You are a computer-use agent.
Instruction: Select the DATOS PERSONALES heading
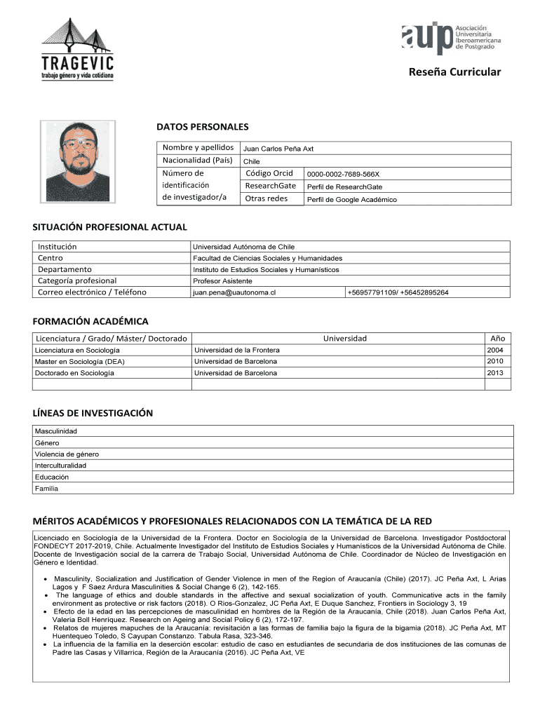202,127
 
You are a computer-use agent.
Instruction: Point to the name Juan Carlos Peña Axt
278,149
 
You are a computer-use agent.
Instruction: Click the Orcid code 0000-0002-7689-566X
343,174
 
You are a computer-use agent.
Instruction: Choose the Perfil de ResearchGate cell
344,187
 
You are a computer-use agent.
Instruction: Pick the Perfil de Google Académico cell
351,200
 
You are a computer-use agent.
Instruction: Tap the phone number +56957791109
372,292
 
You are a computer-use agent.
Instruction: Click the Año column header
498,338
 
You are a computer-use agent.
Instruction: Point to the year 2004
495,350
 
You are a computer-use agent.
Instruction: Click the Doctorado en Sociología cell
74,373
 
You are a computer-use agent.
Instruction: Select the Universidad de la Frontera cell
236,350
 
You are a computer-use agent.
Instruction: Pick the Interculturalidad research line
60,465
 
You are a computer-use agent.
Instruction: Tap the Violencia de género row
67,454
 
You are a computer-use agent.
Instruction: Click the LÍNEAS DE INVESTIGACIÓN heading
93,413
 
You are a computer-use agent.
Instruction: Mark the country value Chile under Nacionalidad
251,161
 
